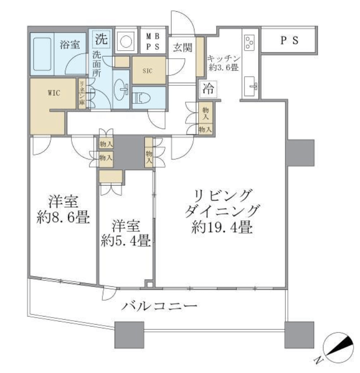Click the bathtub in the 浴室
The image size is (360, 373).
point(42,54)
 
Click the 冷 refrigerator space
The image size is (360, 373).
point(208,89)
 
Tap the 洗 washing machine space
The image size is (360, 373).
point(101,39)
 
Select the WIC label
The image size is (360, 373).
point(54,93)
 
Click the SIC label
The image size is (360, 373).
point(148,70)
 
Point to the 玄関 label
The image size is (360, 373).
point(183,48)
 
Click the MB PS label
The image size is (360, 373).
point(152,42)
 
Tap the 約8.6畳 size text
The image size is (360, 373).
point(63,217)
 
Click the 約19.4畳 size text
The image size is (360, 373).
point(222,227)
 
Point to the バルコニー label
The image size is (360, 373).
point(159,306)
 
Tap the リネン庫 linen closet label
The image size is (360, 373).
point(82,93)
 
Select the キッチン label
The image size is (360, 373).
point(224,58)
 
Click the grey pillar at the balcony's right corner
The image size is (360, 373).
point(299,335)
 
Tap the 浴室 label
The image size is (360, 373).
point(69,45)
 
